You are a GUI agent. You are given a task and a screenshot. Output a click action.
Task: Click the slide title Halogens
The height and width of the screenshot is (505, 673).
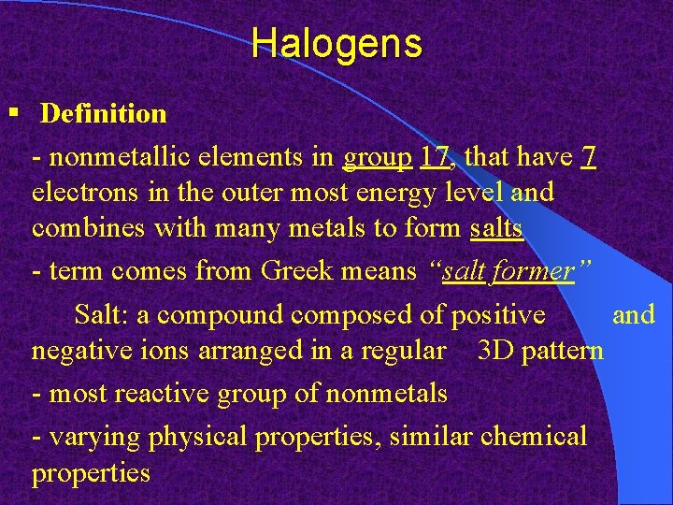(336, 43)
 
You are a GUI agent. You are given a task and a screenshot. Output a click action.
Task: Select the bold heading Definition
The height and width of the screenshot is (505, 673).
(104, 114)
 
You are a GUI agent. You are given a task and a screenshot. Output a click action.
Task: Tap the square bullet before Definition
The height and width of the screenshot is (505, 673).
(12, 113)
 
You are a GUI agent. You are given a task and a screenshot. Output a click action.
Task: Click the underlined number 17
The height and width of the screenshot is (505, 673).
(436, 158)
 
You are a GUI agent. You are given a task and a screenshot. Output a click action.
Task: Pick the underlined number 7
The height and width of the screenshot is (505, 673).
(588, 158)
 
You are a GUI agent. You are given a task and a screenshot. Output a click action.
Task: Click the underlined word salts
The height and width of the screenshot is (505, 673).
(496, 227)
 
